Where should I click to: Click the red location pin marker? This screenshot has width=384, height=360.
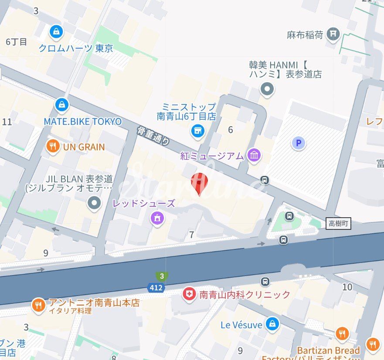200,183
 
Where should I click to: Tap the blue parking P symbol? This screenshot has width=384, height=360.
299,143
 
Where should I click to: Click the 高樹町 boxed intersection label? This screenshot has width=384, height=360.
338,224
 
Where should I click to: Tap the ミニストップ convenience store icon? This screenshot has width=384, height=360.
198,130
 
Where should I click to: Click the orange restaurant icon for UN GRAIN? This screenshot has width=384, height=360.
53,147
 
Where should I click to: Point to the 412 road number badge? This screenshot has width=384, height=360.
156,288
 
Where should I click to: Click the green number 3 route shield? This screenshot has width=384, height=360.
162,276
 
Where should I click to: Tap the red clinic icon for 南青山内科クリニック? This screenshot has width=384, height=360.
189,295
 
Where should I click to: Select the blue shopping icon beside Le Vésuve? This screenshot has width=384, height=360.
272,324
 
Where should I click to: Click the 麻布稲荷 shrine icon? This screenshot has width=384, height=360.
333,34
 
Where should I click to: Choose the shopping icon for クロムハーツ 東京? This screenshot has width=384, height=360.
56,31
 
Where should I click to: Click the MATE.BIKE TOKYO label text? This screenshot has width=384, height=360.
83,121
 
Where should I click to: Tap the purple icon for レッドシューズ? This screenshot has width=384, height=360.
156,218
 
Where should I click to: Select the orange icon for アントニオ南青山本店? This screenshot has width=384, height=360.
39,306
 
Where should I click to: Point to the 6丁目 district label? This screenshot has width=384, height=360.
17,42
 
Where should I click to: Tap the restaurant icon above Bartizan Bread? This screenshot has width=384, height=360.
342,333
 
